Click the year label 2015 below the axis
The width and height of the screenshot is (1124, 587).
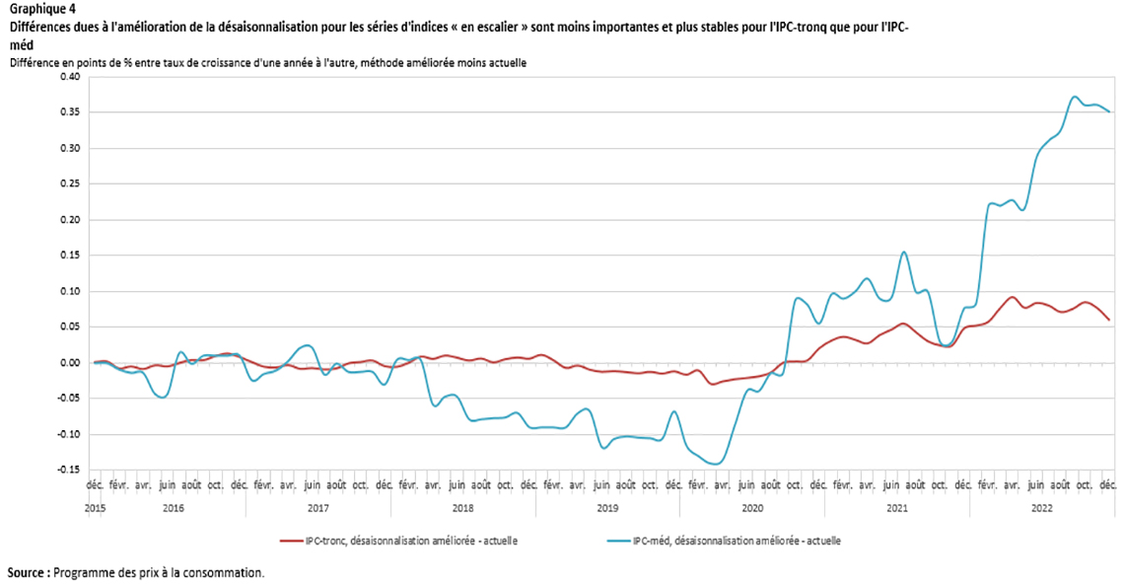click(x=95, y=508)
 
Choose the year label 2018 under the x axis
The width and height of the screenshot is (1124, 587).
click(x=462, y=508)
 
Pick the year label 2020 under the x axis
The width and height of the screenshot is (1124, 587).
click(x=752, y=508)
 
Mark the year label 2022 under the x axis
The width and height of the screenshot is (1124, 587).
click(x=1041, y=508)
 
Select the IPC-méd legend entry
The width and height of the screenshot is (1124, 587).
click(x=730, y=541)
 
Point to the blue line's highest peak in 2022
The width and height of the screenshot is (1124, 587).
click(x=1075, y=97)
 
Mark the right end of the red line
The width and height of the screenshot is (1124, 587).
click(x=1109, y=320)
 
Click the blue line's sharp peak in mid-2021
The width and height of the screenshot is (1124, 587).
click(x=903, y=252)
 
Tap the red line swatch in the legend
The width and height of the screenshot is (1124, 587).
click(x=291, y=541)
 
